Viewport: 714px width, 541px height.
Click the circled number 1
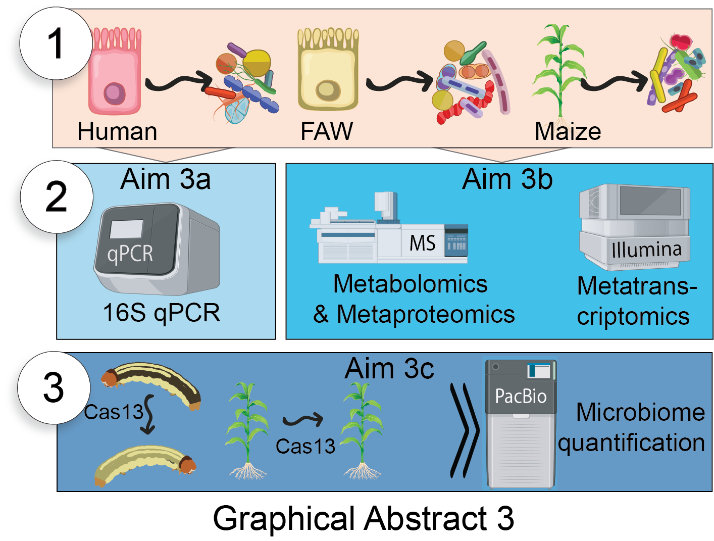(x=56, y=43)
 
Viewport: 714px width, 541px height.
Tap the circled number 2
(x=57, y=197)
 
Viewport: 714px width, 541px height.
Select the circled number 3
(x=54, y=388)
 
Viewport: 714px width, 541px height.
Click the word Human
(x=117, y=131)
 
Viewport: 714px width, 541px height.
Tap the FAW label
(x=327, y=131)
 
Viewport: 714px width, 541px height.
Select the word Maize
(x=568, y=131)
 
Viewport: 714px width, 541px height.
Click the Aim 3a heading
(x=166, y=179)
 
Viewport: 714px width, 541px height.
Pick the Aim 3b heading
(x=507, y=179)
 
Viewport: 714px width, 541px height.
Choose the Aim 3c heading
(x=389, y=369)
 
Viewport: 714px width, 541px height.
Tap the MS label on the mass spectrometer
(x=422, y=243)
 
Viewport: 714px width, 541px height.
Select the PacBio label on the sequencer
(x=521, y=396)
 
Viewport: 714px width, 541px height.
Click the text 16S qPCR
(x=162, y=313)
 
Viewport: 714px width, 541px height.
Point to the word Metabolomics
(x=411, y=284)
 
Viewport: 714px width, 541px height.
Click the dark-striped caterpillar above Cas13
(x=151, y=384)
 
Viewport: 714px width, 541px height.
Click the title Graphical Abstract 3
(x=363, y=518)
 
